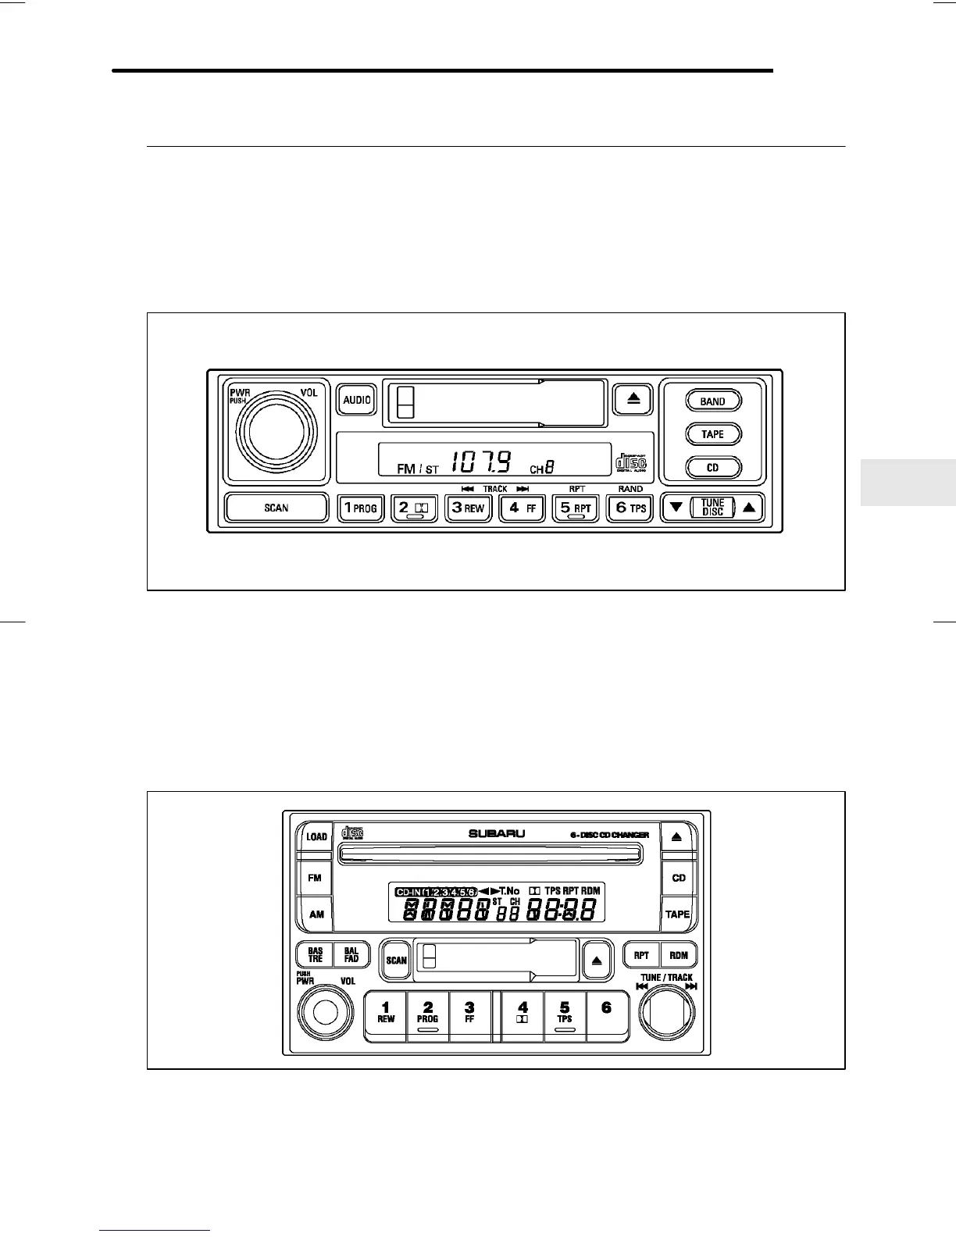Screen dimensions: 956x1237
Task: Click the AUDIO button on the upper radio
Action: coord(357,400)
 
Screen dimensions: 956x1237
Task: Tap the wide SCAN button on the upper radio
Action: coord(276,508)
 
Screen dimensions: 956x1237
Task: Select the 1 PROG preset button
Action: coord(360,508)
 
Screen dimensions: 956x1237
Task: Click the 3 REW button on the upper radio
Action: coord(468,508)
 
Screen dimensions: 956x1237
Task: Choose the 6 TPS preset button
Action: coord(630,508)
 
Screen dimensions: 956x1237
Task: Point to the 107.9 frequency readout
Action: coord(482,463)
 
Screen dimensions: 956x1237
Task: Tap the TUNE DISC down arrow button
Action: coord(676,508)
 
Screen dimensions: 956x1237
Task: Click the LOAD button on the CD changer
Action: coord(316,836)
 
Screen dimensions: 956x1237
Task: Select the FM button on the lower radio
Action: coord(315,878)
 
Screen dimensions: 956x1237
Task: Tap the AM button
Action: coord(316,914)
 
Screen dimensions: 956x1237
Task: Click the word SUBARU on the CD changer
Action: coord(497,834)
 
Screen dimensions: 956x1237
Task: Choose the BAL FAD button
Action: coord(351,955)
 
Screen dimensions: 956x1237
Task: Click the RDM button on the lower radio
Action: coord(678,955)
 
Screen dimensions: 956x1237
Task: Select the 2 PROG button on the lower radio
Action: coord(428,1014)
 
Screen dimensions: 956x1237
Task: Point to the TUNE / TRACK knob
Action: coord(666,1013)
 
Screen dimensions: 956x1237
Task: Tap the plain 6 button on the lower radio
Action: coord(606,1014)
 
